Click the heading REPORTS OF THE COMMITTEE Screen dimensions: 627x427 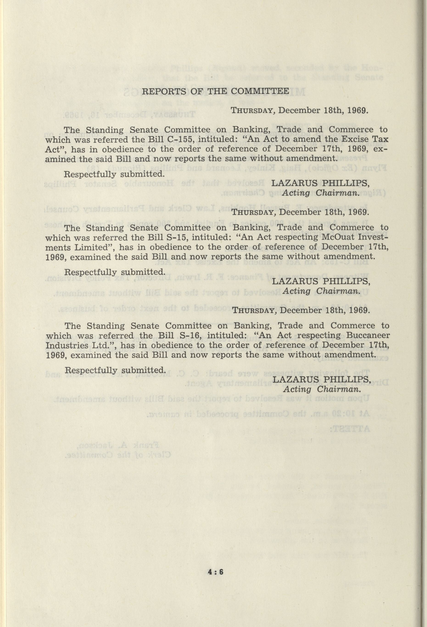(x=215, y=91)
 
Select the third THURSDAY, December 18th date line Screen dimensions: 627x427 (x=301, y=310)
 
